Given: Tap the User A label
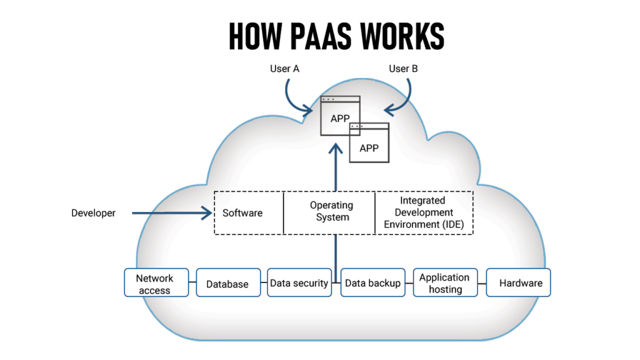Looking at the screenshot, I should (x=284, y=69).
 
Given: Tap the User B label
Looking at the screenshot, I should (x=403, y=69).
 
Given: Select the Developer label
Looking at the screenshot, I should (x=93, y=213).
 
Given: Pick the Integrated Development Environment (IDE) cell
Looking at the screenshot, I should (x=424, y=212).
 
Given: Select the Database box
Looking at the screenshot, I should (x=227, y=284).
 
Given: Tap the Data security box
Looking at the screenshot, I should (x=299, y=283).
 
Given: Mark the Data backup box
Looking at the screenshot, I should (x=372, y=283).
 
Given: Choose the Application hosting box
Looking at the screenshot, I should (x=444, y=283).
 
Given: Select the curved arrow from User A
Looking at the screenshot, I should (x=294, y=100).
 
